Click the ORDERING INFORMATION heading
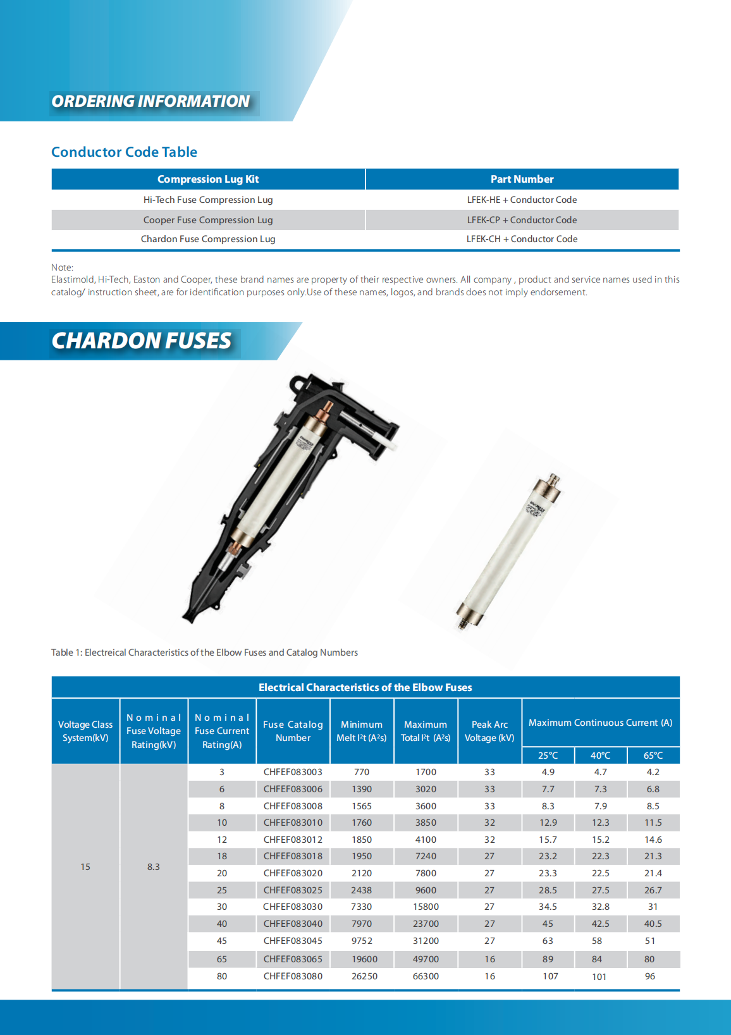pos(150,102)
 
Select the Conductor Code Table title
pos(124,152)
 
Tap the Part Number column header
pos(522,179)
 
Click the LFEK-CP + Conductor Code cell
pos(522,220)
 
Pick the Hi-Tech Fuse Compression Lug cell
pos(208,200)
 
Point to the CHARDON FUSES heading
pos(142,341)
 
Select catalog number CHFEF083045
pos(293,941)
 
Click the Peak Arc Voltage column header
pos(489,731)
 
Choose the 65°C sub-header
pos(653,756)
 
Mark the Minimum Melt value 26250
pos(364,976)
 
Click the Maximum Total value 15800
pos(426,907)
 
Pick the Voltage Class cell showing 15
pos(85,867)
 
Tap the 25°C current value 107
pos(550,976)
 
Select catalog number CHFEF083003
pos(293,772)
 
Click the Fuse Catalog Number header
pos(293,731)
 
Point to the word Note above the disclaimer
pos(62,267)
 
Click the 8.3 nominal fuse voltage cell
pos(154,867)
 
